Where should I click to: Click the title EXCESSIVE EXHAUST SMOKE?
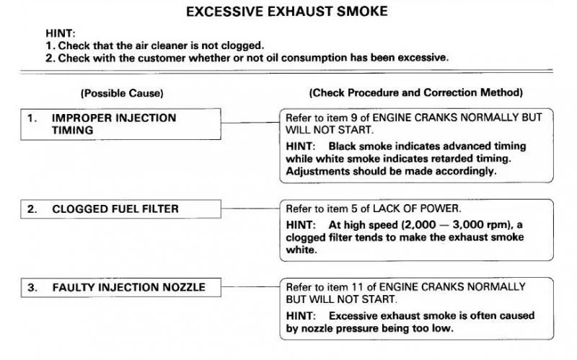286,12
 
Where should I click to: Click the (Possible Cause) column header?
122,93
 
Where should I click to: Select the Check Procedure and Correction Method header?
416,92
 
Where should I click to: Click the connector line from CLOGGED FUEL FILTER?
250,208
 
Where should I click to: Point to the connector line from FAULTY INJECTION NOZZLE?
250,286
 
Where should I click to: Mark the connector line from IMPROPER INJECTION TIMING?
250,123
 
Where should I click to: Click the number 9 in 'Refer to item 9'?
354,118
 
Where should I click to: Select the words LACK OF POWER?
415,208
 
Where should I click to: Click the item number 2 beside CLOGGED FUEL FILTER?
32,209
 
